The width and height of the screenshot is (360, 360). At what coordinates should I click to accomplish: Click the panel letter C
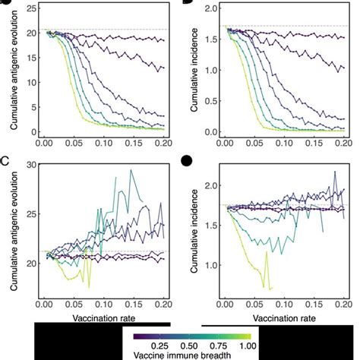tap(6, 161)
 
